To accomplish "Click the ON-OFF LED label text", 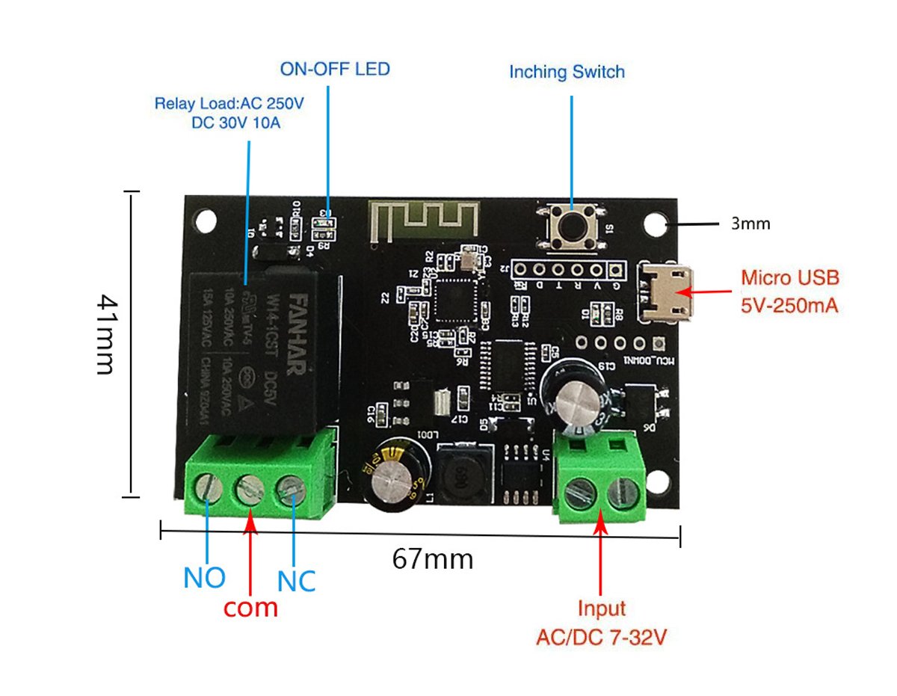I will (x=334, y=70).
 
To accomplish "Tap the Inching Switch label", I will (x=566, y=73).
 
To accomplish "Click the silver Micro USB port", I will (x=663, y=292).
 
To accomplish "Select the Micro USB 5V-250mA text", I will (x=789, y=291).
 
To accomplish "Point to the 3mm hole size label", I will (x=750, y=223).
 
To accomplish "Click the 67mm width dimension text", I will (x=433, y=558).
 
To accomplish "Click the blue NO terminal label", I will (x=204, y=578).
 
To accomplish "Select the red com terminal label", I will (x=251, y=607).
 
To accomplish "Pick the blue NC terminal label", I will (x=296, y=581).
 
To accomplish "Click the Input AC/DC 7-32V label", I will (x=601, y=623).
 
